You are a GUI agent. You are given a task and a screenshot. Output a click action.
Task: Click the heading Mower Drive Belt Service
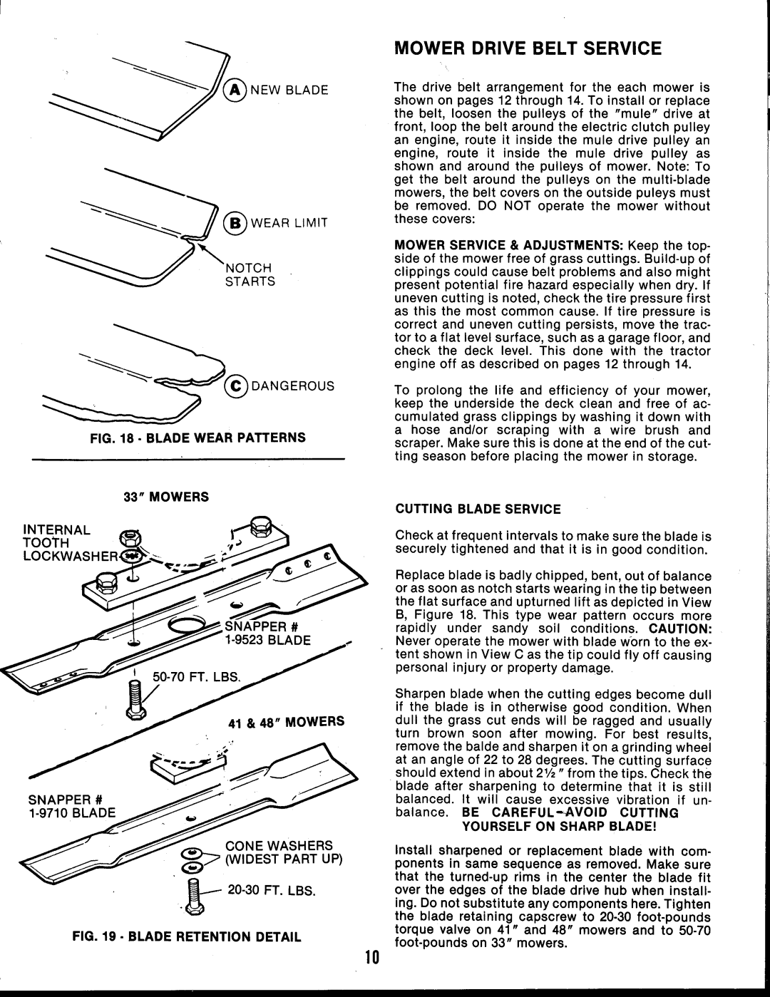tap(528, 48)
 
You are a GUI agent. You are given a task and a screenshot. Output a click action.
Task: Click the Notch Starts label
tap(250, 274)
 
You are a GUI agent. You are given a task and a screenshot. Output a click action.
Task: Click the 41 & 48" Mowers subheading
tap(287, 721)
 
